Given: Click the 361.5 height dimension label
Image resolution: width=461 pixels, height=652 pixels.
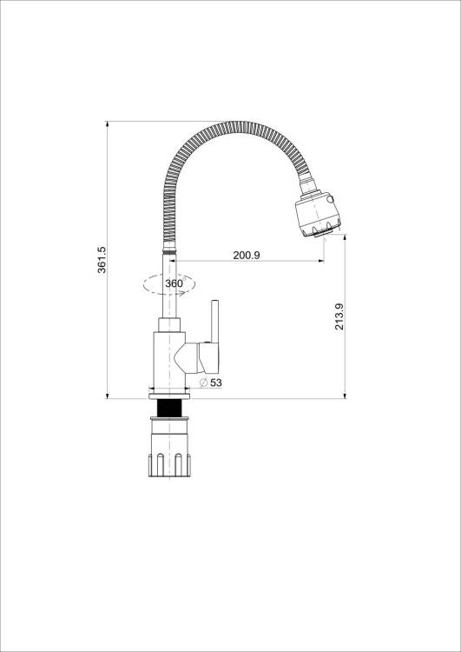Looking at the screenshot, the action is [x=102, y=260].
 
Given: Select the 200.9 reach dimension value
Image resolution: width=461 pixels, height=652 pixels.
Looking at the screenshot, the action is [x=247, y=256].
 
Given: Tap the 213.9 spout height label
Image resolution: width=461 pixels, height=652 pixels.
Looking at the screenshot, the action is [x=339, y=316].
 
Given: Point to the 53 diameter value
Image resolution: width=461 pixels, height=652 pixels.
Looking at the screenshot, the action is [x=216, y=383].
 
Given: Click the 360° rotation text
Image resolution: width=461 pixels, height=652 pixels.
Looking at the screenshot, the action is [x=174, y=283].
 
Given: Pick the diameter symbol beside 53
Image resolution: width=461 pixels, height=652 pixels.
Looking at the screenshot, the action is [x=203, y=383].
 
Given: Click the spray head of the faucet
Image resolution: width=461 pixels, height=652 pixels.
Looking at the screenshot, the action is [x=318, y=214].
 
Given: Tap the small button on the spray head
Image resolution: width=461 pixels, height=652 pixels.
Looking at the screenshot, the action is [x=330, y=199].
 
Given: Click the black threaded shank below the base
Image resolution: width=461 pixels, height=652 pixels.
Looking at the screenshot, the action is [x=169, y=408].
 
